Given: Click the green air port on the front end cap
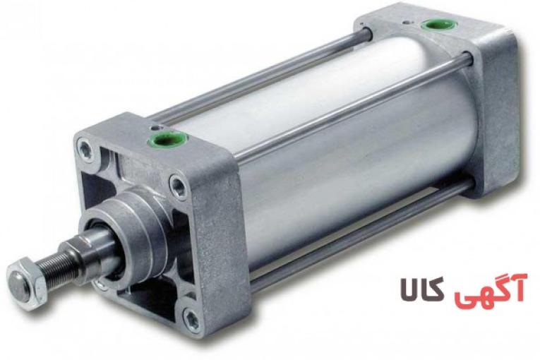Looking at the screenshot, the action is [x=167, y=139].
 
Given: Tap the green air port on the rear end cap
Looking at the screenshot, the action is [x=437, y=25].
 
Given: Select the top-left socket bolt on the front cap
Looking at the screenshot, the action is [x=85, y=149].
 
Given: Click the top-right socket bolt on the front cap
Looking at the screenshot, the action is [x=179, y=186].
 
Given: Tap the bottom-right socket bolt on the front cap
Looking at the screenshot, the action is [x=191, y=319].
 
